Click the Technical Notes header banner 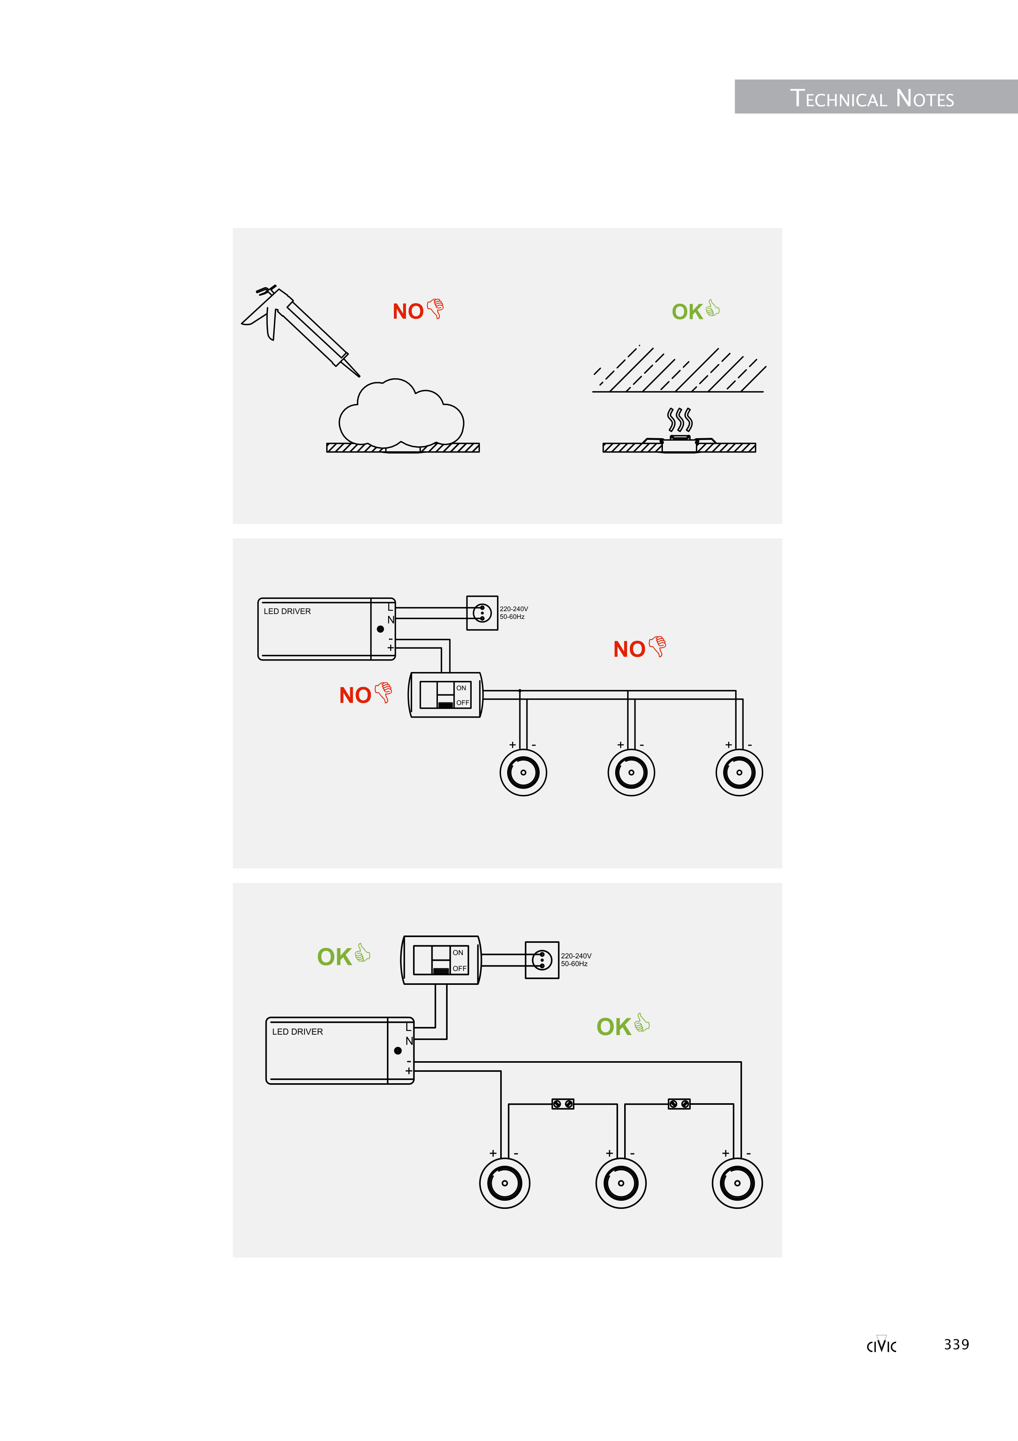876,97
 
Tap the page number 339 956,1344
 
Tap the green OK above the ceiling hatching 687,312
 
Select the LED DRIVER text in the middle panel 287,611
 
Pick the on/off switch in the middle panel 445,695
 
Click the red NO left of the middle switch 355,695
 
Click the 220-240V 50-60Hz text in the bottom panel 576,960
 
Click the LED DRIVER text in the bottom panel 297,1032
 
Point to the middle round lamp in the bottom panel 621,1183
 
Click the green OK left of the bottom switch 334,957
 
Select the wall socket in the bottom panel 542,960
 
